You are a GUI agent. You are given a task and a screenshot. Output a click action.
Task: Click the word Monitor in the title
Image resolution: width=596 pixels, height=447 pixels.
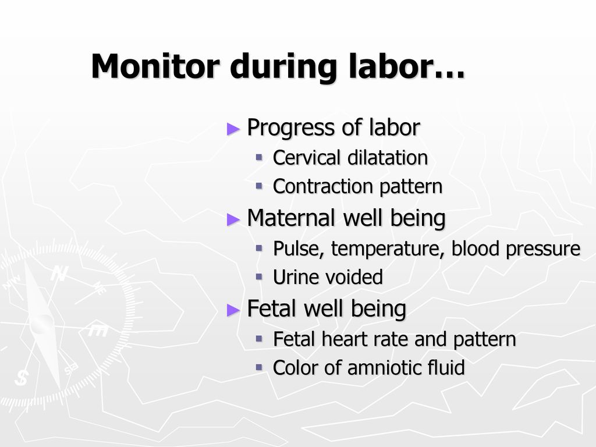pyautogui.click(x=155, y=66)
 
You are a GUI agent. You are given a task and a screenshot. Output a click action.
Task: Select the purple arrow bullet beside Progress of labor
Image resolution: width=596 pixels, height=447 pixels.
pyautogui.click(x=233, y=129)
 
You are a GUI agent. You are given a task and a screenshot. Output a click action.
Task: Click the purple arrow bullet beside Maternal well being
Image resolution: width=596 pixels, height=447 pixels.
pyautogui.click(x=233, y=219)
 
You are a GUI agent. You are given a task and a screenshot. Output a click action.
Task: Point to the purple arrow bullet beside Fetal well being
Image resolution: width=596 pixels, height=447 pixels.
pyautogui.click(x=233, y=310)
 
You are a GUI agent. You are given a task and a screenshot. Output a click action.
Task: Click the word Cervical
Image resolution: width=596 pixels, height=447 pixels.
pyautogui.click(x=306, y=157)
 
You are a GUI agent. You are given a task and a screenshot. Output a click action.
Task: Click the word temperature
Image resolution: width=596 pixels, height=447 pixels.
pyautogui.click(x=388, y=249)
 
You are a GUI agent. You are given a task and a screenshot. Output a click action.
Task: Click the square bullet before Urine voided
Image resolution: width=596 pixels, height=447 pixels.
pyautogui.click(x=259, y=276)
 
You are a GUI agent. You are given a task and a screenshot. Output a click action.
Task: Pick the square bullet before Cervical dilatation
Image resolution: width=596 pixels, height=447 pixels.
pyautogui.click(x=259, y=157)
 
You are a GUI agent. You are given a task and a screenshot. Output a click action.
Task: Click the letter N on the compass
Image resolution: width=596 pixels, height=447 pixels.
pyautogui.click(x=59, y=273)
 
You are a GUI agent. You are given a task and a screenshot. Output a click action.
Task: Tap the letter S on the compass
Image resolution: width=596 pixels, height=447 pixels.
pyautogui.click(x=22, y=378)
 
